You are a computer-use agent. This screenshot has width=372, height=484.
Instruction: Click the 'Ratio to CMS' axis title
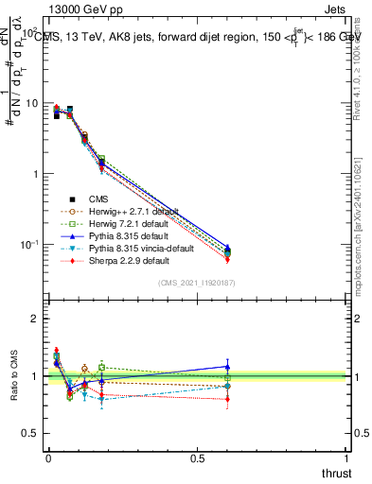point(12,373)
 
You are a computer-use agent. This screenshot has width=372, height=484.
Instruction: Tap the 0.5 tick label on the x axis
point(197,458)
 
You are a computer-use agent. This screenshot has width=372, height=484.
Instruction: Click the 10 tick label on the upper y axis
point(32,103)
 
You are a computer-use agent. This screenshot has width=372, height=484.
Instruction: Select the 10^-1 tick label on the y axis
point(30,245)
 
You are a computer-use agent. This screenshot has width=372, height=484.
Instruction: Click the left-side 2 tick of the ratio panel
point(35,319)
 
